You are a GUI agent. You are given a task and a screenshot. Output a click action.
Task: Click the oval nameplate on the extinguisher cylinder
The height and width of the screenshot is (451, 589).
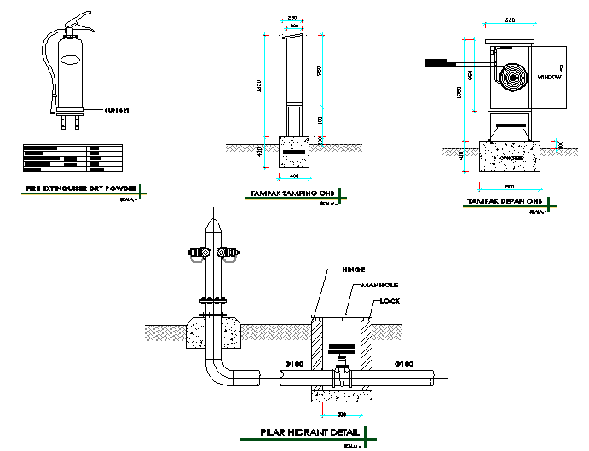69,61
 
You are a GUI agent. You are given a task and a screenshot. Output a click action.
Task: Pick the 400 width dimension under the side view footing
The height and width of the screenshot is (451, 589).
295,176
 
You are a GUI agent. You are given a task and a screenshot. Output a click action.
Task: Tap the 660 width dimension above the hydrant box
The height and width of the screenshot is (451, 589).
510,20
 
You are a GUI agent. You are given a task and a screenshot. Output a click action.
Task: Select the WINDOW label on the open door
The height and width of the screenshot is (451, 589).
548,77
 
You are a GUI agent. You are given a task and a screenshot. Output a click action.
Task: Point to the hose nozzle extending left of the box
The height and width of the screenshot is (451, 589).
442,61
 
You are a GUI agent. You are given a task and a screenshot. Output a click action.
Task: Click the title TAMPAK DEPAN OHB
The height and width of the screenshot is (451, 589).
505,202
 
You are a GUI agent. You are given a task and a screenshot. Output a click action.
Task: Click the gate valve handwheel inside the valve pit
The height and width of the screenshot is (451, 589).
342,350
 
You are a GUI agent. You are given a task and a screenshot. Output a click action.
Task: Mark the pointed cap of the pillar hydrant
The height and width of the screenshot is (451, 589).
212,226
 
